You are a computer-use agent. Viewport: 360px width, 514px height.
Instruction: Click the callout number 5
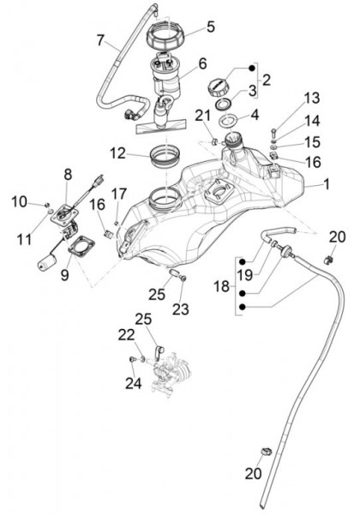click(211, 27)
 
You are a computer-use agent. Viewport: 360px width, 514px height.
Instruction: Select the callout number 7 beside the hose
click(101, 40)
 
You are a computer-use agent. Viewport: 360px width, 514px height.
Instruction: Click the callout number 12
click(118, 153)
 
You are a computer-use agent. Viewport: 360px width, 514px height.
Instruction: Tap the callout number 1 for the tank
click(327, 184)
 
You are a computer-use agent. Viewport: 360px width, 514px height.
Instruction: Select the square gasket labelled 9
click(81, 247)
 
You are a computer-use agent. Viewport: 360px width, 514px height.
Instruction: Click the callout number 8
click(68, 175)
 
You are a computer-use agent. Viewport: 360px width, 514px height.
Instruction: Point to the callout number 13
click(312, 98)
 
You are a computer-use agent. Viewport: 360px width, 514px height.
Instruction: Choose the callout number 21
click(203, 116)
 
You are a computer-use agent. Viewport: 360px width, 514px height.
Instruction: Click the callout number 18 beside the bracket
click(222, 286)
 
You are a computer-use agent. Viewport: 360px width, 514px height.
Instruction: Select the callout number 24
click(134, 383)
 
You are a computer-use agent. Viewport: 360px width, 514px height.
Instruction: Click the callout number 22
click(127, 335)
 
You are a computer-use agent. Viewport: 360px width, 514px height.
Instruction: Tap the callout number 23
click(181, 309)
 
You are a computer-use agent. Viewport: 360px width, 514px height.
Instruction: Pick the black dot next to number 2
click(252, 69)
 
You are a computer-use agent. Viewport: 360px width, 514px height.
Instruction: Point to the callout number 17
click(118, 194)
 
